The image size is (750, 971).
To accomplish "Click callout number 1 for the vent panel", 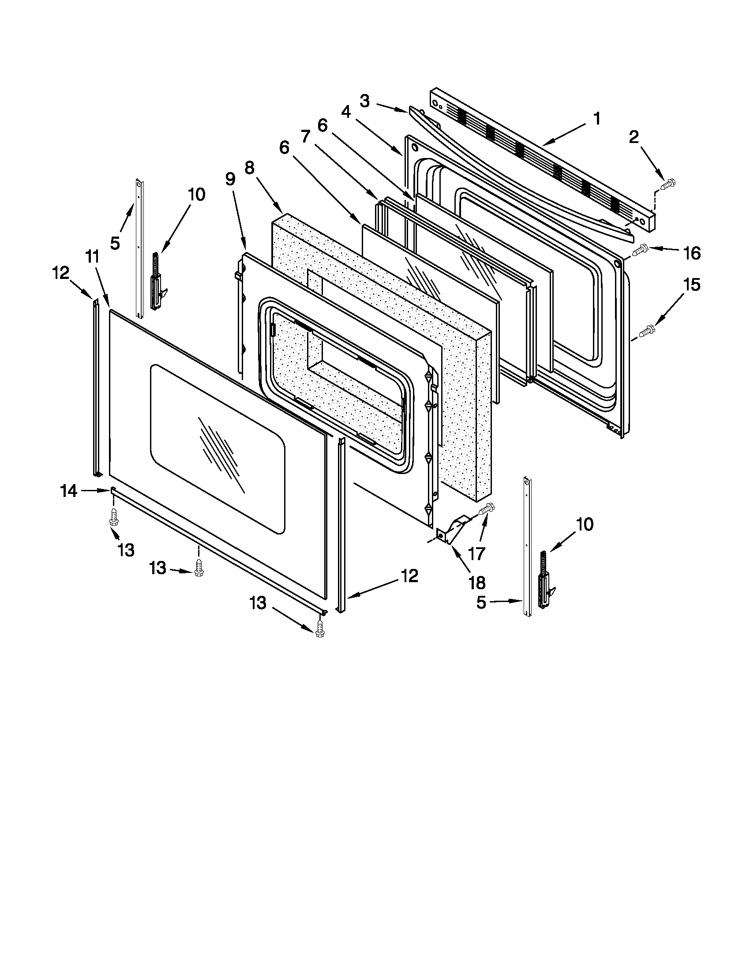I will (597, 119).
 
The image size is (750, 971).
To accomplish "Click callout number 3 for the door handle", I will (364, 102).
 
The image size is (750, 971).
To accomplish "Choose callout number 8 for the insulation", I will (250, 168).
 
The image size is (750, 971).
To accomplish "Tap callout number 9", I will (230, 179).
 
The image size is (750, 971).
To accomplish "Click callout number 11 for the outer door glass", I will (92, 257).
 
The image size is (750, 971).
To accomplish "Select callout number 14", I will (69, 491).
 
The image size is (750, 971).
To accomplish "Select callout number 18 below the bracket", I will (477, 582).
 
